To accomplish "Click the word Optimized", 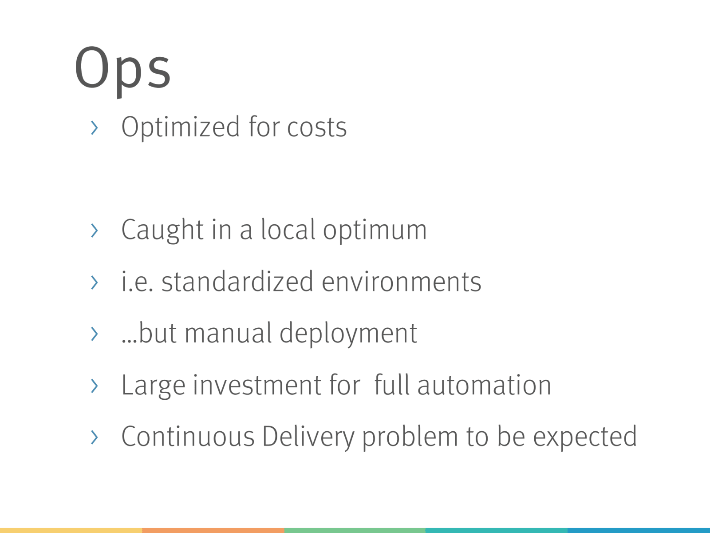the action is tap(181, 127).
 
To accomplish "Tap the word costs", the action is tap(317, 127).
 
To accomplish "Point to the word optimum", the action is tap(375, 231).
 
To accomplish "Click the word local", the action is tap(288, 229).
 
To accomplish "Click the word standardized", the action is tap(237, 281).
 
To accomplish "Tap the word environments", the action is tap(402, 282).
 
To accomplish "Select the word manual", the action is tap(228, 333).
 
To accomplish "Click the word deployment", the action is tap(348, 334).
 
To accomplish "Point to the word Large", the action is tap(154, 386).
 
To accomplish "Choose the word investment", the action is tap(257, 385).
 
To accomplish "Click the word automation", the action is tap(484, 386).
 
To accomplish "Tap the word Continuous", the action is tap(188, 437).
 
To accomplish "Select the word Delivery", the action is tap(308, 438).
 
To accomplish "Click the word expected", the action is tap(585, 438).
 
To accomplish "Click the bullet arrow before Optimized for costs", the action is tap(95, 127).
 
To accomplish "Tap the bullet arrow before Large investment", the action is tap(95, 386).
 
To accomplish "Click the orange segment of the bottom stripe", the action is tap(213, 530).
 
